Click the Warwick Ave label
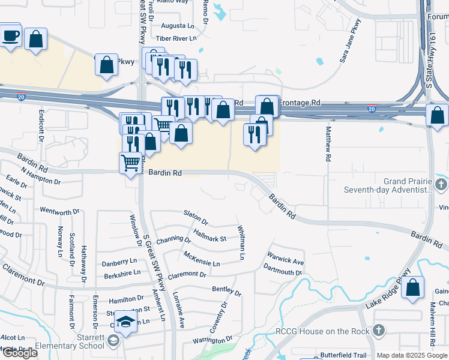point(286,261)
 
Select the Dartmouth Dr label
point(282,272)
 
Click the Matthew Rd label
point(328,143)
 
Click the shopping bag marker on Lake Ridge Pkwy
point(412,288)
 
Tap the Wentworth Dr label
point(59,211)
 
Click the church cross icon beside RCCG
point(378,331)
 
